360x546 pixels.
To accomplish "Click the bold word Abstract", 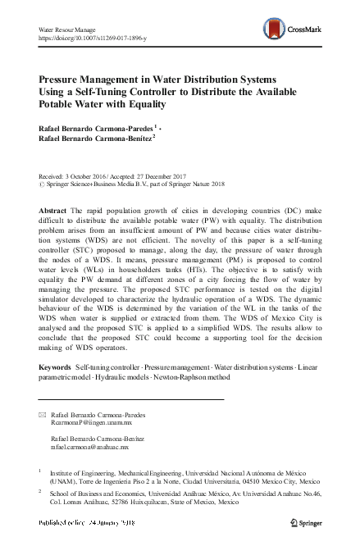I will tap(53, 211).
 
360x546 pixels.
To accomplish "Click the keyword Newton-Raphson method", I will tap(200, 389).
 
